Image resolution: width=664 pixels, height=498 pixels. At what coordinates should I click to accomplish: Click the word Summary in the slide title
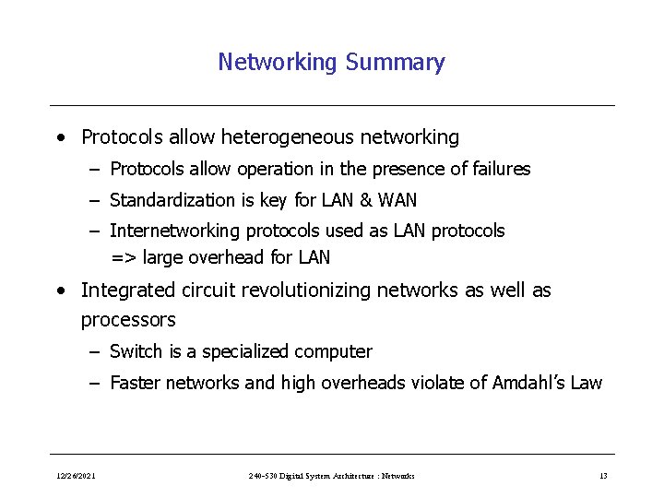[395, 62]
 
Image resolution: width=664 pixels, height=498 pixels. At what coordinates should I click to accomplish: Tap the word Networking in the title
[278, 62]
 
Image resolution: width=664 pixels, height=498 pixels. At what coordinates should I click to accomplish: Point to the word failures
[498, 169]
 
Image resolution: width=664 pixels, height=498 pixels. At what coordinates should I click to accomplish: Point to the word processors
[128, 320]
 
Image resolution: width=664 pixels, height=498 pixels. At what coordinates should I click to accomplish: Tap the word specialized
[245, 351]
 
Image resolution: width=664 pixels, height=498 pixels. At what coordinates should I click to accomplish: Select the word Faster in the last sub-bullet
[136, 383]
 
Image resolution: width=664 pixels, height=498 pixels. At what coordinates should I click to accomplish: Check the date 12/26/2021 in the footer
[74, 476]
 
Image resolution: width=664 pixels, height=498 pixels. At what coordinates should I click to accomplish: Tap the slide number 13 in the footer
[603, 476]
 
